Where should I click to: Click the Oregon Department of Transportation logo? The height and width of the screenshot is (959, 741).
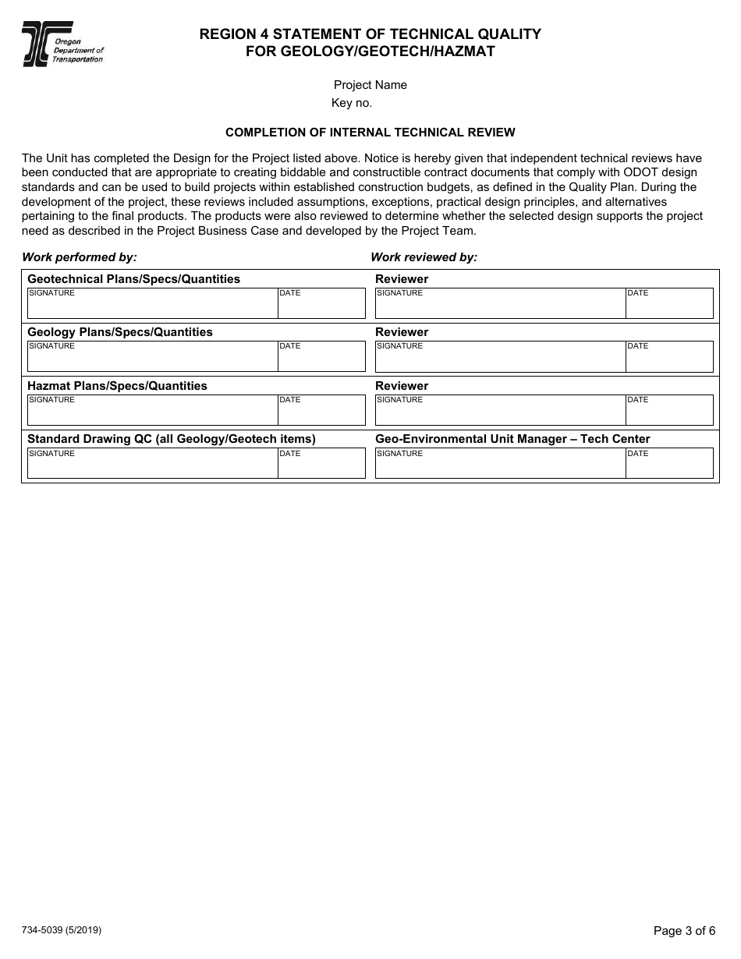(62, 44)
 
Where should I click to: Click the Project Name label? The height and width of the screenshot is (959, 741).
(370, 85)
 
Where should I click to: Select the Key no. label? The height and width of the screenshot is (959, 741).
(352, 103)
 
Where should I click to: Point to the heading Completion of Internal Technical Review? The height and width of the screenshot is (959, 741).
(370, 133)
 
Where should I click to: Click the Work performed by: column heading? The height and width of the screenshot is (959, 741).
(80, 257)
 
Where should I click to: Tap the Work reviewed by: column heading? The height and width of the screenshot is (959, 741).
(424, 257)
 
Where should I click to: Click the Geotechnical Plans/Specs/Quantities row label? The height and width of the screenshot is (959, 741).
(133, 279)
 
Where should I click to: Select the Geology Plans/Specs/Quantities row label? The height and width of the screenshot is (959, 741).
(119, 332)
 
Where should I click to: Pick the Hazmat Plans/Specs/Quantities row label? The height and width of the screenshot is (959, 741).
(117, 386)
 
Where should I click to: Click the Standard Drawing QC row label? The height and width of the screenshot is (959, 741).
(171, 439)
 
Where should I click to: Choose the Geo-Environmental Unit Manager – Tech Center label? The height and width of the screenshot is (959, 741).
(512, 439)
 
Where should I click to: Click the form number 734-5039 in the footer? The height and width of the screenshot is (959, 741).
(62, 930)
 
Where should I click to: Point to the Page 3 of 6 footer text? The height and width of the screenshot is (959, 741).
(684, 931)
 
